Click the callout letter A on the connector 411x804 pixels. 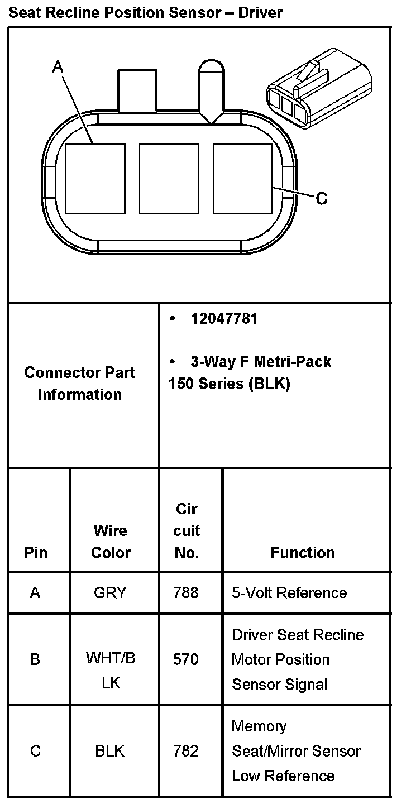click(x=58, y=67)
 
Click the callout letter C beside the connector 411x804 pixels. click(x=322, y=198)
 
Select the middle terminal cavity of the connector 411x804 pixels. click(x=169, y=178)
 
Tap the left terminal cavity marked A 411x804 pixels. click(x=95, y=178)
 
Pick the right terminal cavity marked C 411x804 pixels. click(x=242, y=178)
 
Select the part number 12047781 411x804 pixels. click(x=224, y=319)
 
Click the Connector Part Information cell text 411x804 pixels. click(x=79, y=384)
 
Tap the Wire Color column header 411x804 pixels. click(x=111, y=541)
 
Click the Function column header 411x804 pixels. click(x=303, y=552)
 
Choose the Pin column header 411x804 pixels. click(x=36, y=552)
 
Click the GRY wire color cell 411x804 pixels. click(x=110, y=592)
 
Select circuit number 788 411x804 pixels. click(x=186, y=592)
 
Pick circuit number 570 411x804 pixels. click(x=186, y=659)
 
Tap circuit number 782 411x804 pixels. click(x=186, y=751)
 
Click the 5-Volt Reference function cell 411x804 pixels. click(x=289, y=592)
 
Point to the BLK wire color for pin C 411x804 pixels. click(x=110, y=751)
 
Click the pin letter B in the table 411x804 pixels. click(x=35, y=659)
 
